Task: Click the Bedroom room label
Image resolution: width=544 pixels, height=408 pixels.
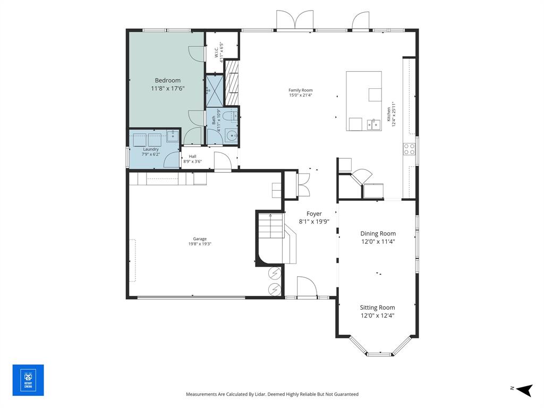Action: coord(167,80)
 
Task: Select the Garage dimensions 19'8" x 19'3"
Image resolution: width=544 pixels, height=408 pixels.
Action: coord(200,244)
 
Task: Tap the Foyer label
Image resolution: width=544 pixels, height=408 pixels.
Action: coord(314,214)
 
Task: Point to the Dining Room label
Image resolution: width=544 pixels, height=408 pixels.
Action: coord(378,233)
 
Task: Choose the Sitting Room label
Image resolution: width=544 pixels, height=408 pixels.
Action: coord(377,307)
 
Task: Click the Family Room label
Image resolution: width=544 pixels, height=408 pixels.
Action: coord(301,90)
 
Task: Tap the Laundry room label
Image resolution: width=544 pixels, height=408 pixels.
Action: coord(150,149)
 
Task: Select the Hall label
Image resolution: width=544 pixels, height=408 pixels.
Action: coord(192,156)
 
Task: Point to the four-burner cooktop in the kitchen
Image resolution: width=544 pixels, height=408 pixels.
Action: coord(409,149)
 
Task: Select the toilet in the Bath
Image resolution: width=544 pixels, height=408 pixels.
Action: coord(228,116)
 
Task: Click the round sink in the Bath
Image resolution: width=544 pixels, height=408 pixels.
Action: coord(231,137)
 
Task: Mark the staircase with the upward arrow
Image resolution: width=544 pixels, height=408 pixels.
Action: coord(270,226)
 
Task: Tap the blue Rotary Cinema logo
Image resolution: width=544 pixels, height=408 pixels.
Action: coord(28,380)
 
